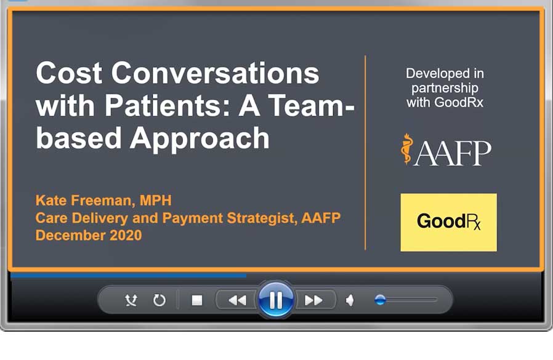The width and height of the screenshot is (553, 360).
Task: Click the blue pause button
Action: (x=276, y=300)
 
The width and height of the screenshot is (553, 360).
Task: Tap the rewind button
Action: (x=237, y=300)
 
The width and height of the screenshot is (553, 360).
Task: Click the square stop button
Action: (x=197, y=300)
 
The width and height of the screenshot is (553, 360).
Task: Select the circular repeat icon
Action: (x=159, y=300)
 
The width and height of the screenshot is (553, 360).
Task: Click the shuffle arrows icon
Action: (x=131, y=300)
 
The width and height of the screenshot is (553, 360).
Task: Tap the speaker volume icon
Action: (x=350, y=300)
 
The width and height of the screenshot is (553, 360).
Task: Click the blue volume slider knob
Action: (x=380, y=300)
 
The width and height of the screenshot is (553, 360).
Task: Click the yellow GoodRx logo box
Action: (x=448, y=222)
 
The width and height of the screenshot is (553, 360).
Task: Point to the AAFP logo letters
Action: (x=453, y=153)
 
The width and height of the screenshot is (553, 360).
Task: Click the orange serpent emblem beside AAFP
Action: (x=406, y=149)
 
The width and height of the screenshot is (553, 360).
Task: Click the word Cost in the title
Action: (x=69, y=73)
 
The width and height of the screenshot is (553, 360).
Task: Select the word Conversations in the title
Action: (x=215, y=73)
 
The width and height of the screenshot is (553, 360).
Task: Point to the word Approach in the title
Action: (x=200, y=139)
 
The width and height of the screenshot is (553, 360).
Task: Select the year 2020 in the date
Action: (x=126, y=235)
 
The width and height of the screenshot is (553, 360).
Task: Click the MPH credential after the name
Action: (x=156, y=200)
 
